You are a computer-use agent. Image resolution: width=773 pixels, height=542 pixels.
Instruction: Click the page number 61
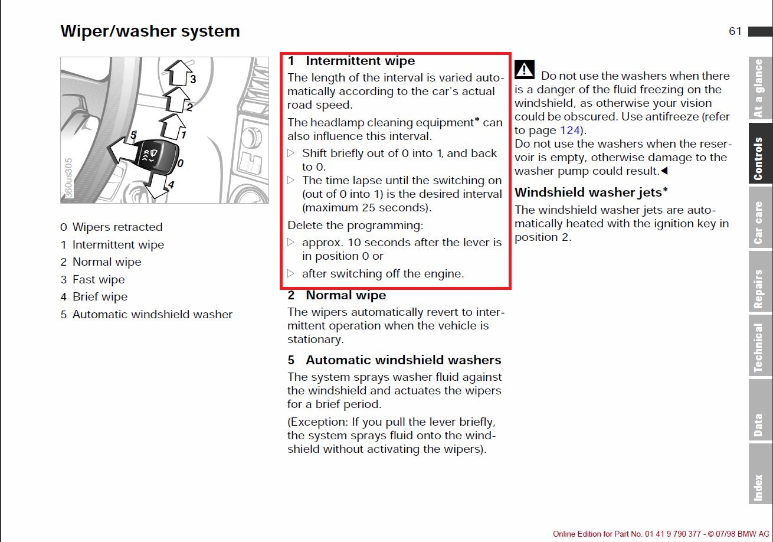[735, 31]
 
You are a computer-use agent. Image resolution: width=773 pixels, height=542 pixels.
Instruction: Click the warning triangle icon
[524, 70]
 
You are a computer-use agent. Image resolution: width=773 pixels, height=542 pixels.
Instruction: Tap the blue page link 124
[569, 130]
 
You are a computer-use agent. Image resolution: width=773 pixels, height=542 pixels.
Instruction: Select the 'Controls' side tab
[760, 154]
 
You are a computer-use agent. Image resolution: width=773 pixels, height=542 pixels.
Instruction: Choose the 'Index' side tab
[760, 474]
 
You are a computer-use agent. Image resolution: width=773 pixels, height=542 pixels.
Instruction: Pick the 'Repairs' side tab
[760, 282]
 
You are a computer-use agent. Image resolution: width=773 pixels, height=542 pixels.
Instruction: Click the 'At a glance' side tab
[760, 88]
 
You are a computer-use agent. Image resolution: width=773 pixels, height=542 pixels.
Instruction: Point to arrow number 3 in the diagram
[179, 73]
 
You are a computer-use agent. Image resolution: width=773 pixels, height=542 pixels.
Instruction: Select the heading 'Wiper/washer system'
[150, 31]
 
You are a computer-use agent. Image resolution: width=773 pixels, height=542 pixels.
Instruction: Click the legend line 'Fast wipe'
[99, 279]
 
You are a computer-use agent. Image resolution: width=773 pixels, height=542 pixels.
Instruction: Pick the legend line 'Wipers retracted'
[117, 227]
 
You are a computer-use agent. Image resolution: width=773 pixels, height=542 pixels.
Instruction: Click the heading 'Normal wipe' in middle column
[346, 295]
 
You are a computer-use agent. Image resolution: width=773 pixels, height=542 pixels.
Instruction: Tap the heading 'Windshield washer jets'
[591, 192]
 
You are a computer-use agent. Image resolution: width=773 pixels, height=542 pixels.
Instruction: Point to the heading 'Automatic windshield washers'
[403, 360]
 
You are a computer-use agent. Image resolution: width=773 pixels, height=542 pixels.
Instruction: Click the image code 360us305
[68, 178]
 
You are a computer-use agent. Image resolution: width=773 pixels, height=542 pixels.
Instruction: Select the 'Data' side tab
[760, 410]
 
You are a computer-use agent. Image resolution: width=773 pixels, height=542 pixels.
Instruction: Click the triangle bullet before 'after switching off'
[291, 273]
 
